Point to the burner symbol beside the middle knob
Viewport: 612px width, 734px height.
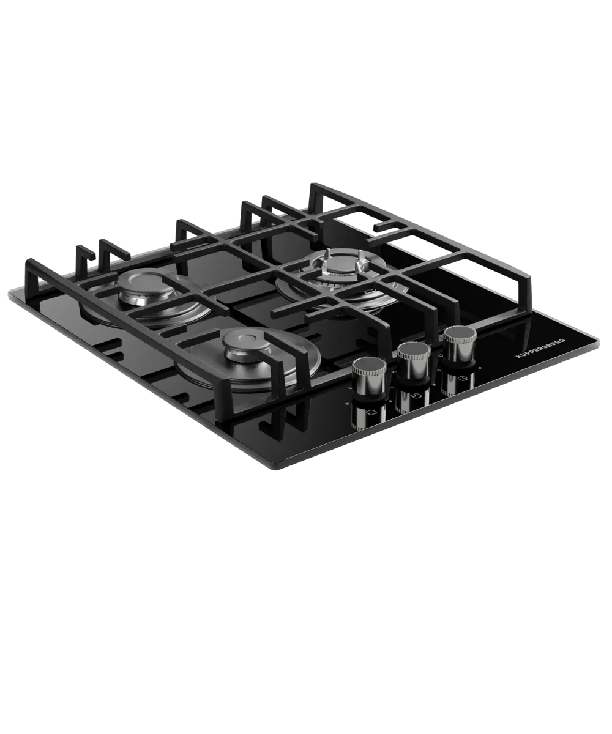pyautogui.click(x=417, y=396)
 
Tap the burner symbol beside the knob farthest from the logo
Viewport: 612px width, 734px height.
pyautogui.click(x=370, y=413)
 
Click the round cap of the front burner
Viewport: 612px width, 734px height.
pyautogui.click(x=242, y=342)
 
